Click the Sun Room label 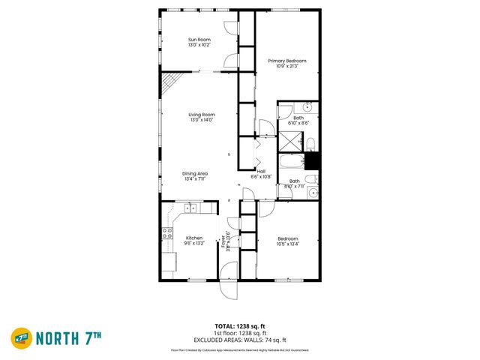pyautogui.click(x=199, y=39)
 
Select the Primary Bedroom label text pyautogui.click(x=287, y=61)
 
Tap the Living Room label pyautogui.click(x=201, y=114)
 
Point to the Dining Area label pyautogui.click(x=195, y=173)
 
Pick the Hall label pyautogui.click(x=261, y=171)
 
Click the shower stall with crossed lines pyautogui.click(x=289, y=142)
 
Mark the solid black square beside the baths pyautogui.click(x=312, y=160)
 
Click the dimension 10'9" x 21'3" pyautogui.click(x=287, y=67)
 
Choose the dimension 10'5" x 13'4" pyautogui.click(x=287, y=244)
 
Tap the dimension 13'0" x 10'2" pyautogui.click(x=199, y=45)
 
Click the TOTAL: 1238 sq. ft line pyautogui.click(x=240, y=326)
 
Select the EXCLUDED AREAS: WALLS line pyautogui.click(x=240, y=340)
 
